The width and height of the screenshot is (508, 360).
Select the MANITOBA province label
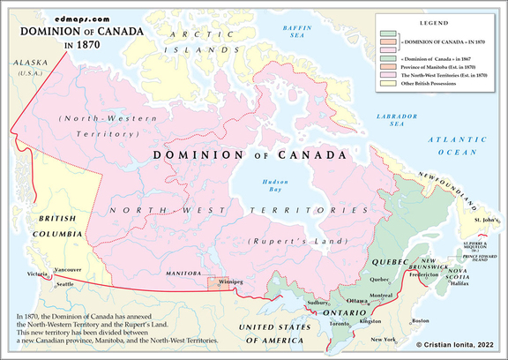183,275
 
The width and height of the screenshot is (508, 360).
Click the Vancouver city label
67,269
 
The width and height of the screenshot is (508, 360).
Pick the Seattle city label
63,283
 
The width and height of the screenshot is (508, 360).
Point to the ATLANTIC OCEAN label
456,146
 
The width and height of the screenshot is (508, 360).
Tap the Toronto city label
338,324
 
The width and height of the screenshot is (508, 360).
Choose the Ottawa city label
357,301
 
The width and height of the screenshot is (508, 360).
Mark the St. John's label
486,217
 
